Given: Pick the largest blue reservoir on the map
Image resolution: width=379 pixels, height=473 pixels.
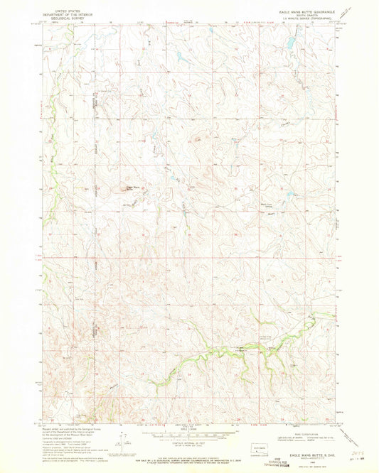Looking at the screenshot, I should coord(292,43).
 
